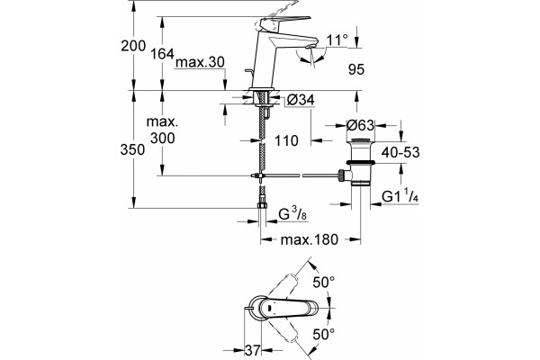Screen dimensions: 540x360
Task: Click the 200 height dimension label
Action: click(x=133, y=46)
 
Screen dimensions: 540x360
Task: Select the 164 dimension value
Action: click(x=163, y=54)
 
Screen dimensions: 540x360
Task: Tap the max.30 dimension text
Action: click(x=200, y=63)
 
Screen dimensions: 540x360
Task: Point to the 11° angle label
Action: click(x=337, y=40)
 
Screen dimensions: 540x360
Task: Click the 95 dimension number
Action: click(x=356, y=69)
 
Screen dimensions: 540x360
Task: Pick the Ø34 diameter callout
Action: click(x=301, y=100)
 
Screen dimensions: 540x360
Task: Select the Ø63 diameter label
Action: click(x=360, y=125)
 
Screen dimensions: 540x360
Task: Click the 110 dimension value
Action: click(x=286, y=140)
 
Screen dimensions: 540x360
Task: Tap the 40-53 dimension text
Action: click(x=400, y=152)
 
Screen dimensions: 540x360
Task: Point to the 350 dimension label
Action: click(x=133, y=150)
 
